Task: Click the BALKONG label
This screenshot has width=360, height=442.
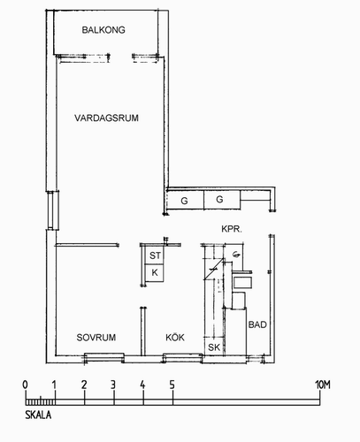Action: pos(103,30)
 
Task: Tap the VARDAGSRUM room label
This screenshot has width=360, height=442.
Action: pos(106,118)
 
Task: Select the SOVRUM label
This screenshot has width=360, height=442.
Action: pos(96,338)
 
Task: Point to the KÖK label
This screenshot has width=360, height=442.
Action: pos(175,337)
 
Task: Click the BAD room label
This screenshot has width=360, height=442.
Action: pos(257,324)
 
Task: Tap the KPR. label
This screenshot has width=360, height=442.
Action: pos(232,229)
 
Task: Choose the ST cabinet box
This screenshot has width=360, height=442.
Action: pos(155,255)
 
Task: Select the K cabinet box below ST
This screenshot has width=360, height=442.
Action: pos(155,273)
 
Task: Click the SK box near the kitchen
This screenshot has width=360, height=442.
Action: pos(214,347)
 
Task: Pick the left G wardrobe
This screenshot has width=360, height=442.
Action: pos(185,201)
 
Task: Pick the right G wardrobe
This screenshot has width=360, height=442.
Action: pos(222,200)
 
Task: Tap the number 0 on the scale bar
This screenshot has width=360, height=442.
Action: pos(26,385)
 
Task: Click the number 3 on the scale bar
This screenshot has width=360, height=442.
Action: pos(113,385)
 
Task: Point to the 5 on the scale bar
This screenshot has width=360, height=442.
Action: pos(172,385)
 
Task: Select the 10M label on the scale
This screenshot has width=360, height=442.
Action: pos(323,385)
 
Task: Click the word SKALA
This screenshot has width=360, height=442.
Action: pos(38,415)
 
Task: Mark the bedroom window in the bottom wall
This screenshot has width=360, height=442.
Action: pos(104,358)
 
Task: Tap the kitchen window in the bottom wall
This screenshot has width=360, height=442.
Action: pos(182,358)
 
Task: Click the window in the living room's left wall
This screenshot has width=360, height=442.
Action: pos(53,210)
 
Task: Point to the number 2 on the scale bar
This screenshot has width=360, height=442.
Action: pos(84,385)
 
